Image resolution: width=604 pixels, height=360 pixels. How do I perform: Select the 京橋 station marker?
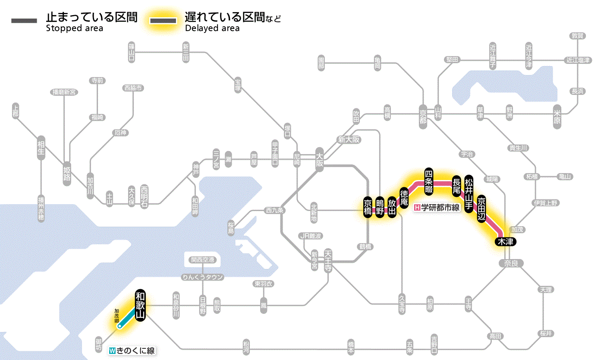pos(368,208)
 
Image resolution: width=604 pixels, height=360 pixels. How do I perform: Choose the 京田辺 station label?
pos(482,207)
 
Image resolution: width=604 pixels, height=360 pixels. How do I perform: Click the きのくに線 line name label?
pos(132,351)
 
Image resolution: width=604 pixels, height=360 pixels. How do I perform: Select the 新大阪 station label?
pos(349,140)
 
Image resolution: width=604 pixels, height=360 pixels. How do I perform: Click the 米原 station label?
pos(557,117)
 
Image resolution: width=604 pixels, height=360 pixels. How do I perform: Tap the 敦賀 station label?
pos(578,36)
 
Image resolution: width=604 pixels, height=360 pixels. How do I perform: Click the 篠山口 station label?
pos(132,52)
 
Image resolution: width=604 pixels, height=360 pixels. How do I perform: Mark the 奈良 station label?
pos(510,263)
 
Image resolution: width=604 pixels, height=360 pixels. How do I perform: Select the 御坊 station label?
pos(99,344)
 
